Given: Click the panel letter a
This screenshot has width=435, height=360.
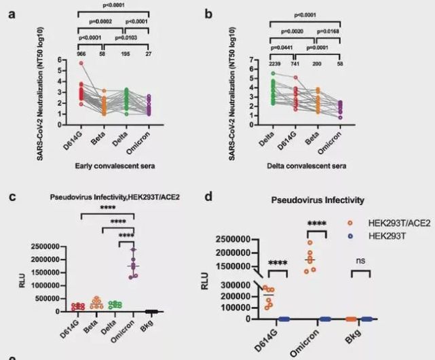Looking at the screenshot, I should [x=10, y=12].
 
